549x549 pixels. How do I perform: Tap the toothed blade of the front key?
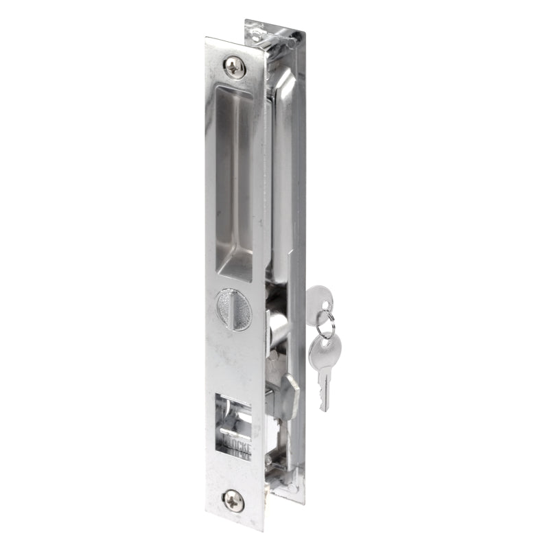point(323,391)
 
